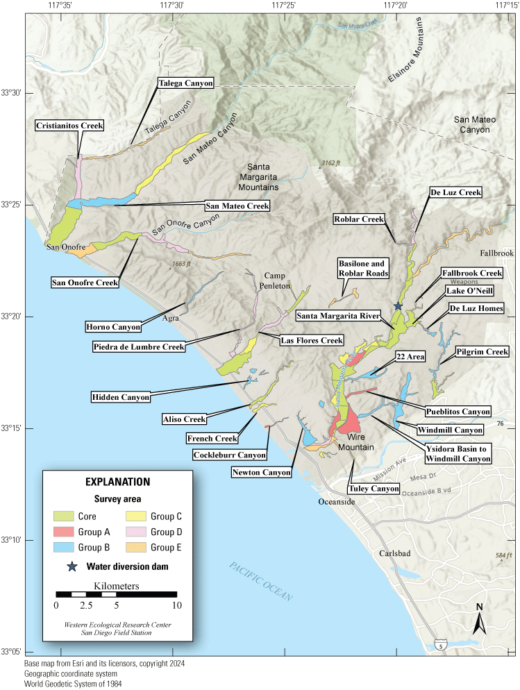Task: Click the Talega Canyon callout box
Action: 185,82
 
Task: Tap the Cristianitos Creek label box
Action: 70,126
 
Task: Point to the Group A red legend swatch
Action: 67,532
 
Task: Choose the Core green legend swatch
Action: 67,516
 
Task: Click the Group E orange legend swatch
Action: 138,548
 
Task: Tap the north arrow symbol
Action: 480,619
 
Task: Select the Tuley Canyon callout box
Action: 375,489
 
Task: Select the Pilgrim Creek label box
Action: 483,353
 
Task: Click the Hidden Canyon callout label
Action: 121,398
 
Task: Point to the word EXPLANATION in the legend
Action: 117,481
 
